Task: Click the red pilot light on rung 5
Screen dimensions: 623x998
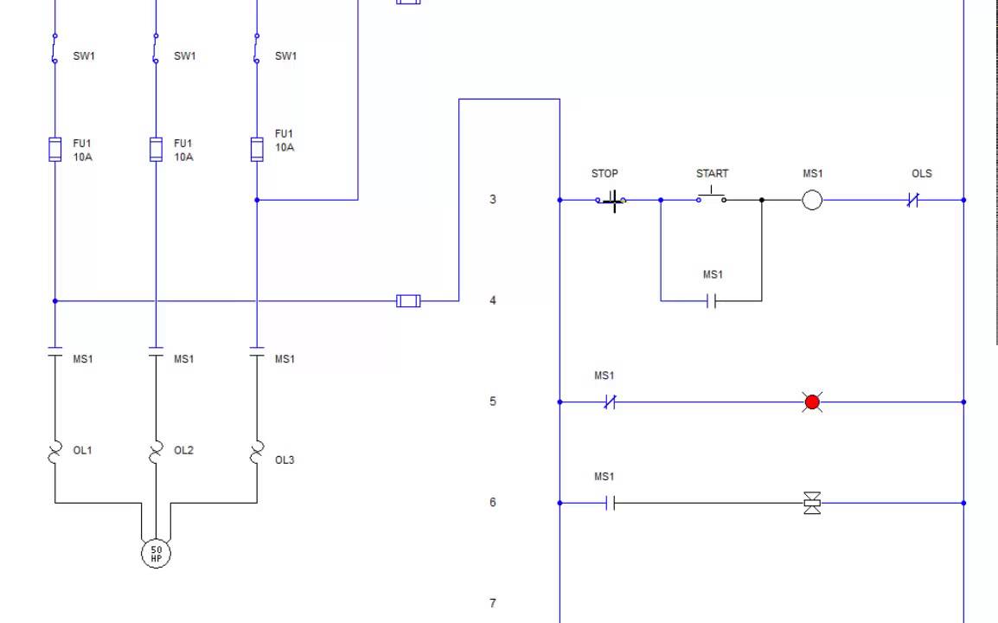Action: pyautogui.click(x=812, y=401)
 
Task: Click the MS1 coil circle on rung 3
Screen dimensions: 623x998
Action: pyautogui.click(x=812, y=200)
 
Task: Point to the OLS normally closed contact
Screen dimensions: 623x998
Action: pyautogui.click(x=912, y=200)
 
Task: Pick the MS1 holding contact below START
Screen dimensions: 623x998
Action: pyautogui.click(x=712, y=301)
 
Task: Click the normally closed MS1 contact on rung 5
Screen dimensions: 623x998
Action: pyautogui.click(x=610, y=401)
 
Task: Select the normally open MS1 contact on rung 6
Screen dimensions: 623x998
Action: pyautogui.click(x=610, y=503)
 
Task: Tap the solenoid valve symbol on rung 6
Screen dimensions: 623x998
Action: pyautogui.click(x=812, y=503)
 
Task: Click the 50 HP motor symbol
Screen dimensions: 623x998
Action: pyautogui.click(x=156, y=553)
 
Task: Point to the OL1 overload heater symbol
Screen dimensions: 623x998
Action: pyautogui.click(x=55, y=452)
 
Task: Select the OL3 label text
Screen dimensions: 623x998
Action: pyautogui.click(x=285, y=460)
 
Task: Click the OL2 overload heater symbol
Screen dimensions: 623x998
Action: pyautogui.click(x=156, y=452)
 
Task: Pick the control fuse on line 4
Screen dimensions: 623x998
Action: pyautogui.click(x=408, y=301)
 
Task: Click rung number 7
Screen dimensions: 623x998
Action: pyautogui.click(x=493, y=603)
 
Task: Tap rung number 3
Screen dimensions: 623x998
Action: pyautogui.click(x=493, y=199)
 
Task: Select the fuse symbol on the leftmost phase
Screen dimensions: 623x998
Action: pyautogui.click(x=55, y=149)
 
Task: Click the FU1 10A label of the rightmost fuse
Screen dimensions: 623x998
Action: pyautogui.click(x=285, y=141)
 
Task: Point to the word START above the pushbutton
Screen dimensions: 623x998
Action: pyautogui.click(x=712, y=173)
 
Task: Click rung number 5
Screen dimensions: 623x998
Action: pyautogui.click(x=493, y=401)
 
